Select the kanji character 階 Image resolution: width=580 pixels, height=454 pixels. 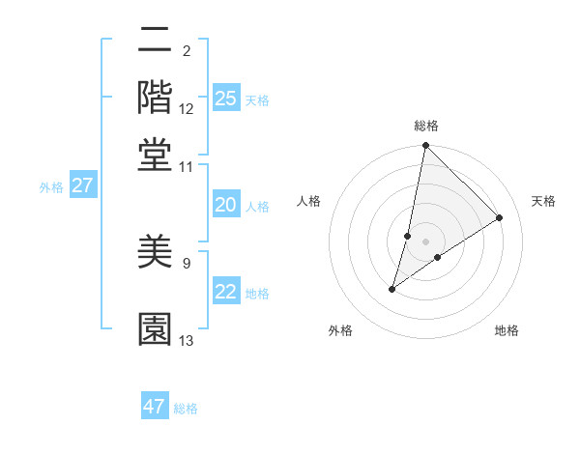click(156, 97)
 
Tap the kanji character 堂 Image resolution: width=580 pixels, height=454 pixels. click(156, 154)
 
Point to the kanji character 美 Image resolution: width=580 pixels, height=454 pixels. click(156, 253)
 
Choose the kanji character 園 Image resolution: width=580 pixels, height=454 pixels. click(156, 328)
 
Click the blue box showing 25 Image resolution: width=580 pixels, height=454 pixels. click(225, 99)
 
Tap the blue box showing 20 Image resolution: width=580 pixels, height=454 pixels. click(225, 205)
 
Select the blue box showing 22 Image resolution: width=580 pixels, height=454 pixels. click(225, 293)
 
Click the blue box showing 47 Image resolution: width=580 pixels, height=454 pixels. click(155, 407)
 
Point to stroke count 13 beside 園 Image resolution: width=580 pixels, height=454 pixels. click(187, 341)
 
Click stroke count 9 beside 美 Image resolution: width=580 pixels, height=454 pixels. click(187, 263)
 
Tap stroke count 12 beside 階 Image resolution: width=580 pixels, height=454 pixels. click(187, 108)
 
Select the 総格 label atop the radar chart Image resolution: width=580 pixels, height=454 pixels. click(426, 126)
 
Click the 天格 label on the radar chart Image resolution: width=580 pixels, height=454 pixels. click(543, 201)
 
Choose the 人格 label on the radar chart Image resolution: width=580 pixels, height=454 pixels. click(309, 201)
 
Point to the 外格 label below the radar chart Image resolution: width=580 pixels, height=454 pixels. click(340, 330)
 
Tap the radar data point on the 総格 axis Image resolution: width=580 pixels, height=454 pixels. click(425, 146)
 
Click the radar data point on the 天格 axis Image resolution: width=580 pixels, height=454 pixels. click(500, 217)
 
